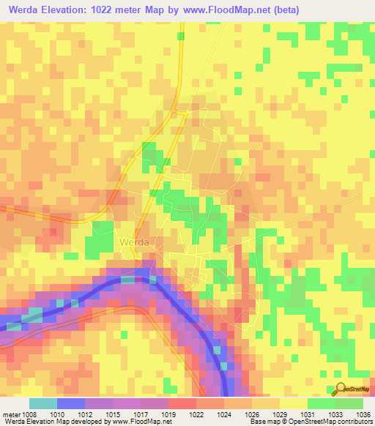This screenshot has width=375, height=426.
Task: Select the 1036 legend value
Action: click(363, 414)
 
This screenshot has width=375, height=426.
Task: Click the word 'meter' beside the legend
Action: click(11, 414)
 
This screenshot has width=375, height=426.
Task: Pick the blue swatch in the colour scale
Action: click(70, 403)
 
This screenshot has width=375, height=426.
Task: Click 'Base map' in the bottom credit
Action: click(261, 422)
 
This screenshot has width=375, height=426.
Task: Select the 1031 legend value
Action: click(314, 414)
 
